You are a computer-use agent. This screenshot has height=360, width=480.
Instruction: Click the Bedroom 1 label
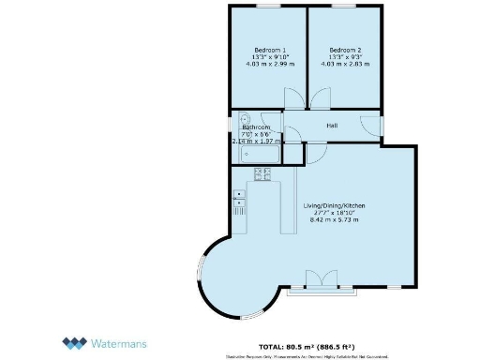[x=271, y=50]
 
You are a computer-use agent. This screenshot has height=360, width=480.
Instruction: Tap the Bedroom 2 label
[x=346, y=50]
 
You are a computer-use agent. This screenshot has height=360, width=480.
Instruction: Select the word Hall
[x=332, y=125]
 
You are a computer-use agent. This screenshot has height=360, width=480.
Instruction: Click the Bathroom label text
[x=257, y=127]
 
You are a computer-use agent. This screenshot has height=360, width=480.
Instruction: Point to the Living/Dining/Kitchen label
[x=333, y=204]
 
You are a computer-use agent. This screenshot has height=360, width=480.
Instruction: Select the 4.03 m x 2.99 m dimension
[x=271, y=65]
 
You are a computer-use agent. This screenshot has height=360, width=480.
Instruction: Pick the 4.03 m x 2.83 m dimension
[x=346, y=65]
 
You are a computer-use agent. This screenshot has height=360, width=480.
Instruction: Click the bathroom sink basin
[x=244, y=120]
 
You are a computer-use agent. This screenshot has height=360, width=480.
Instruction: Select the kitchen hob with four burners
[x=262, y=172]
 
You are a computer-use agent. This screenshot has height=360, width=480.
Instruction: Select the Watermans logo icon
[x=76, y=343]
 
